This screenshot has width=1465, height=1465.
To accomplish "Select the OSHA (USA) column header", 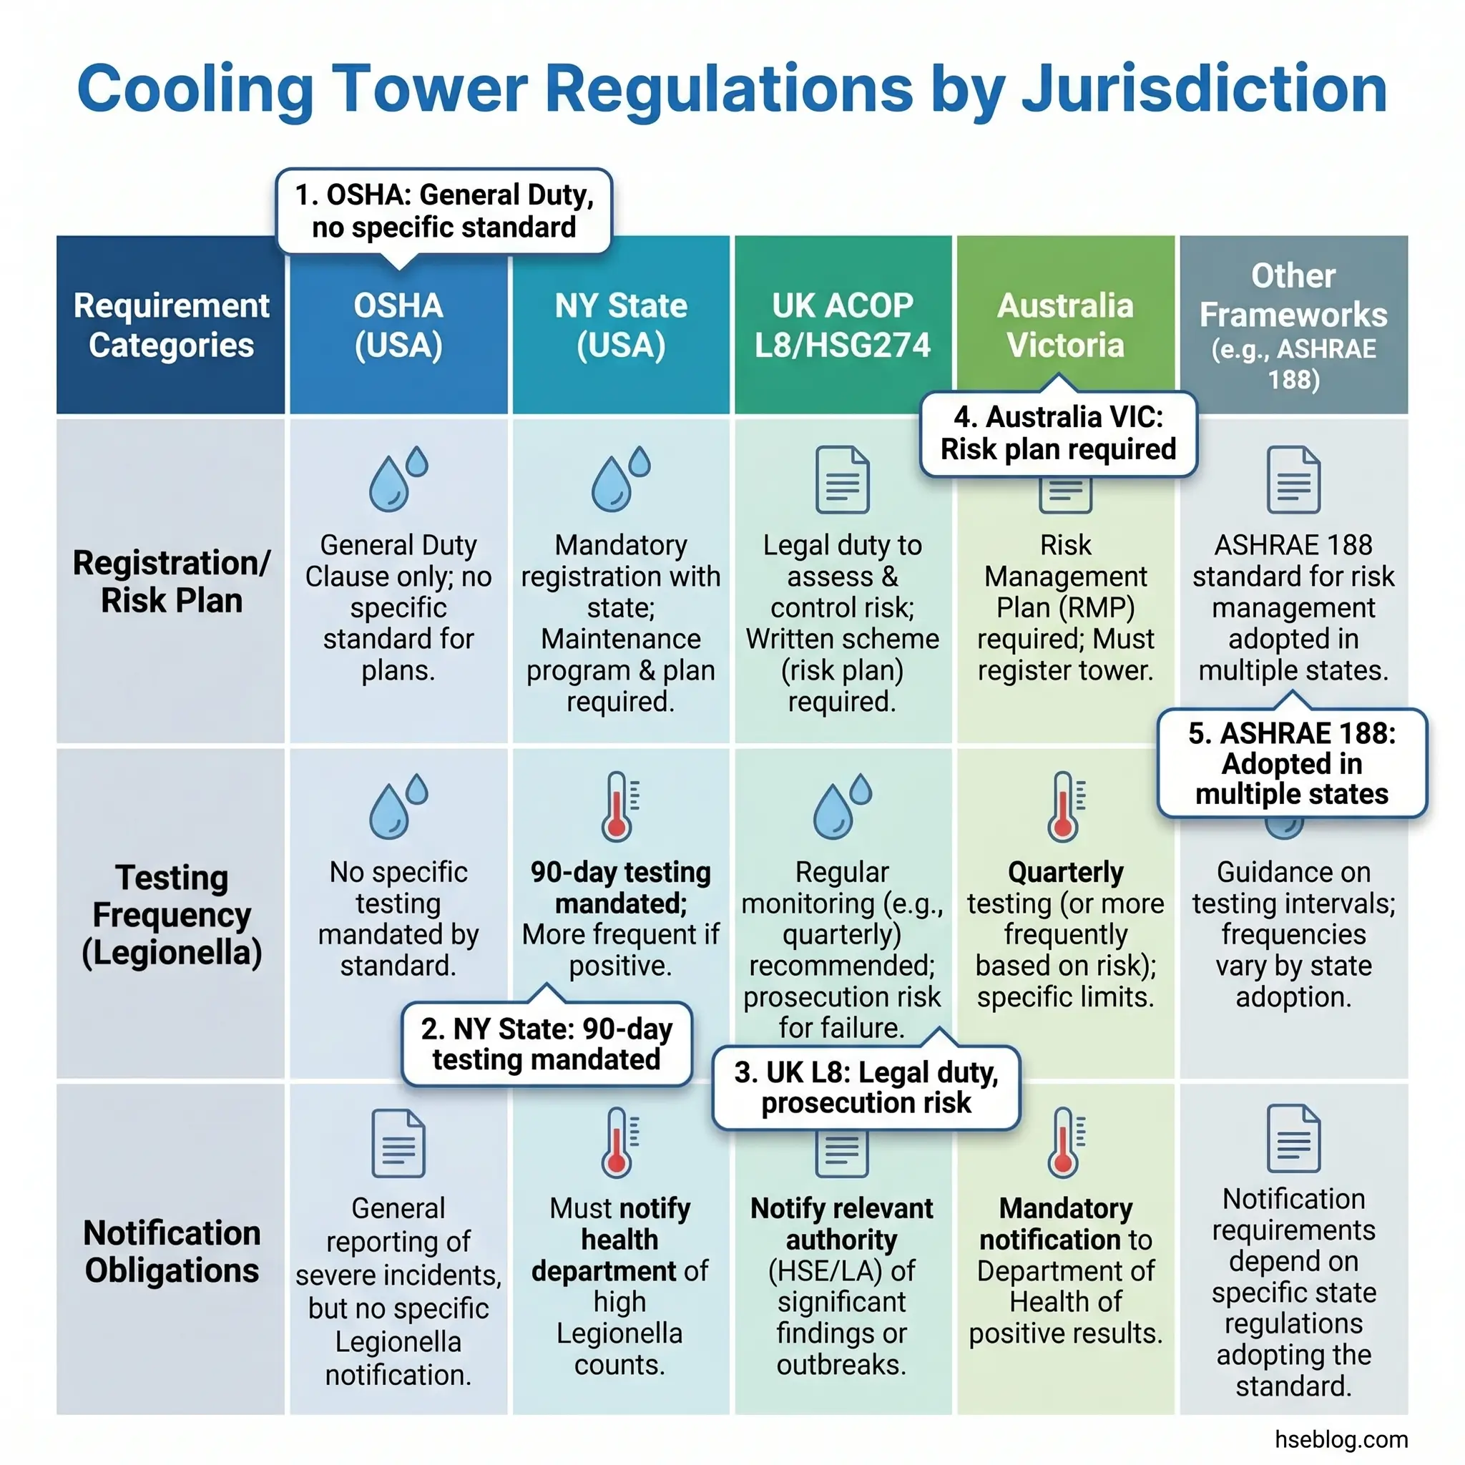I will click(x=398, y=325).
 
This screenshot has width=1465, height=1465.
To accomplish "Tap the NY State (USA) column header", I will click(x=620, y=325).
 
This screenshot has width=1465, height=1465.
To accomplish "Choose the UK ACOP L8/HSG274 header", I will click(x=842, y=325).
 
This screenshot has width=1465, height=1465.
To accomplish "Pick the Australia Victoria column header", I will click(x=1064, y=325).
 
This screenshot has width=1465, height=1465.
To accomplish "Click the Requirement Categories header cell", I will click(x=172, y=325).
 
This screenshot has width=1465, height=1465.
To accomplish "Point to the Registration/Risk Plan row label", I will click(x=172, y=582).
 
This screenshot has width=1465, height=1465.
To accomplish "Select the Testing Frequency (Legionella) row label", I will click(x=172, y=914).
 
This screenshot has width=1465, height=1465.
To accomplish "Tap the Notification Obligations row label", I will click(x=172, y=1251).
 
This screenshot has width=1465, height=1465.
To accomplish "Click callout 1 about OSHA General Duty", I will click(x=444, y=211).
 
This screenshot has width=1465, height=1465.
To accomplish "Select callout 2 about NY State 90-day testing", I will click(x=546, y=1044).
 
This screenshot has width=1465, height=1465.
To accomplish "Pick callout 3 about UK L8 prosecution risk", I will click(x=866, y=1087).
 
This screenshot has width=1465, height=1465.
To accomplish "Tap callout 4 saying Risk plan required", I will click(x=1058, y=433).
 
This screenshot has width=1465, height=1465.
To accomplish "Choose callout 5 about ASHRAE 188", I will click(x=1291, y=763).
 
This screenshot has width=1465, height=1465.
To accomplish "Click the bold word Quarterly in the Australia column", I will click(x=1064, y=872).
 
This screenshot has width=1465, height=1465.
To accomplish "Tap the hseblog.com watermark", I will click(x=1341, y=1439).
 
